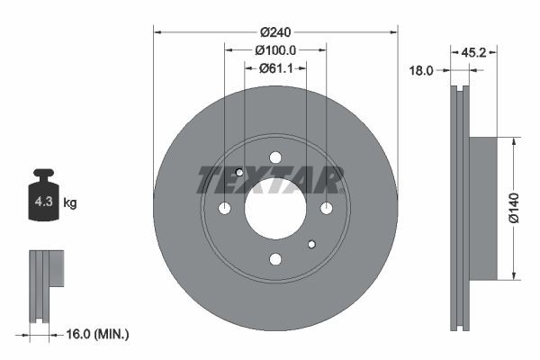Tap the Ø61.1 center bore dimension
point(276,67)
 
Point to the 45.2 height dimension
point(473,52)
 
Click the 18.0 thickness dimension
point(423,69)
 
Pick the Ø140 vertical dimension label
point(513,208)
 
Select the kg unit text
point(70,203)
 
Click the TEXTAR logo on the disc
point(271,180)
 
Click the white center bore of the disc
point(275,208)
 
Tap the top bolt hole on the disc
point(275,157)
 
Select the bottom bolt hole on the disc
point(275,259)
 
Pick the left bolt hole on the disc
point(225,209)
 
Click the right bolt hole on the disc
point(326,209)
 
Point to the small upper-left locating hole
point(239,173)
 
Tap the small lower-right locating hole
point(311,244)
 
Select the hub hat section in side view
point(482,208)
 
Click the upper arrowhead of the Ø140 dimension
point(513,142)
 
